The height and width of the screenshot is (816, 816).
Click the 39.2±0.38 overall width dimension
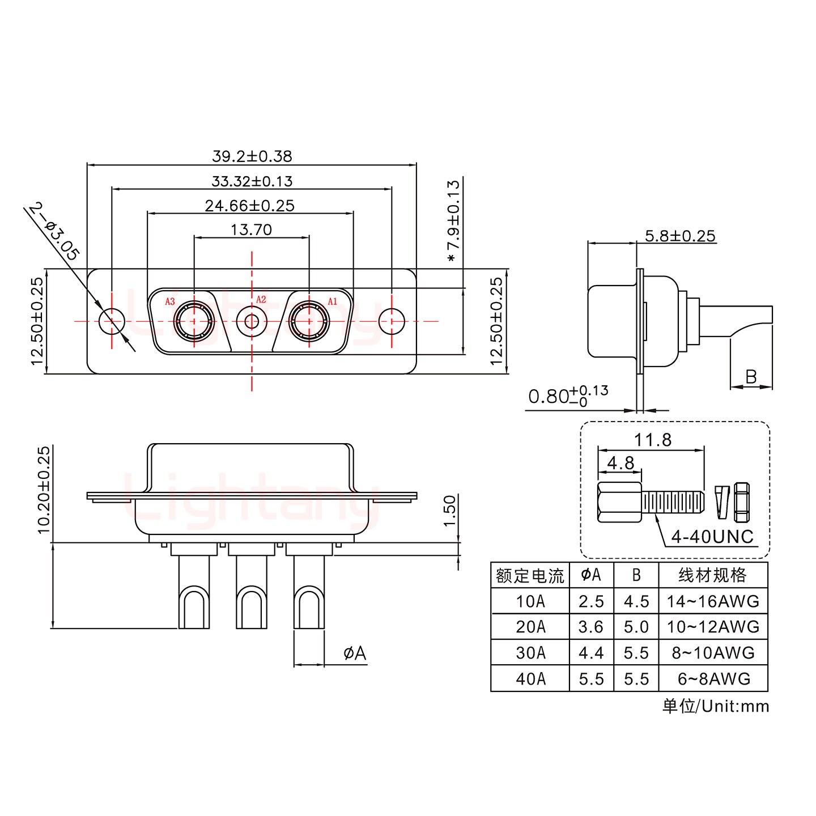coord(252,155)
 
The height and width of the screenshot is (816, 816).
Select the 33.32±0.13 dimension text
coord(252,181)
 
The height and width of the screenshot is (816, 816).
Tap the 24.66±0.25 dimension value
coord(249,205)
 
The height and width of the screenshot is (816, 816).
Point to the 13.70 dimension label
coord(251,229)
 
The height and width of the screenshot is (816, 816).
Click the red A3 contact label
coord(169,301)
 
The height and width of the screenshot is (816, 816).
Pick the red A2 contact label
coord(261,299)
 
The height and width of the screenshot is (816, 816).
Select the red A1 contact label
coord(332,301)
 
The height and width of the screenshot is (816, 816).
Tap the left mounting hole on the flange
coord(112,321)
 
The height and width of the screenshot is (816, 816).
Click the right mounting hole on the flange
coord(392,321)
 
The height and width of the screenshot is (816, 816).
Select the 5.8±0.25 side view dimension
coord(680,236)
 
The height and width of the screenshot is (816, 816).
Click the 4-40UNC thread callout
coord(712,536)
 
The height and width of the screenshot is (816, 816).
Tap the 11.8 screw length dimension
coord(652,439)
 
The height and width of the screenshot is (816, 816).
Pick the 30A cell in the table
coord(530,653)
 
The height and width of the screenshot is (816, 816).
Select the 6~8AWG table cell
coord(713,678)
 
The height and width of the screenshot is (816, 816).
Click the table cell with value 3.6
coord(591,627)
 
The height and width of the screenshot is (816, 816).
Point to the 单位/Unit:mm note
coord(716,706)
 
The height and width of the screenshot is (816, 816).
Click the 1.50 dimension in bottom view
coord(449,511)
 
